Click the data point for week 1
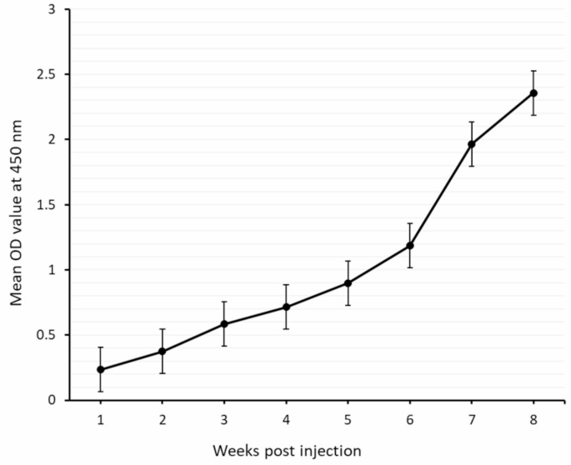pyautogui.click(x=101, y=369)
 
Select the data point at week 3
pyautogui.click(x=224, y=324)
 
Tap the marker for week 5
pyautogui.click(x=348, y=283)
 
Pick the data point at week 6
pyautogui.click(x=409, y=246)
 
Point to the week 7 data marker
pyautogui.click(x=472, y=144)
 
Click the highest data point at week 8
pyautogui.click(x=533, y=93)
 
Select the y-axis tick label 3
pyautogui.click(x=53, y=10)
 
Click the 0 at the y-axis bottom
pyautogui.click(x=53, y=400)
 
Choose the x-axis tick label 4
pyautogui.click(x=286, y=418)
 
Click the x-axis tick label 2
pyautogui.click(x=163, y=418)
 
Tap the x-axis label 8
pyautogui.click(x=533, y=418)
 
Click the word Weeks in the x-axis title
pyautogui.click(x=234, y=451)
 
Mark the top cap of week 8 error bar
pyautogui.click(x=533, y=71)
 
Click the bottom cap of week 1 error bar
pyautogui.click(x=101, y=392)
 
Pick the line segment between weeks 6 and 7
pyautogui.click(x=441, y=195)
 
